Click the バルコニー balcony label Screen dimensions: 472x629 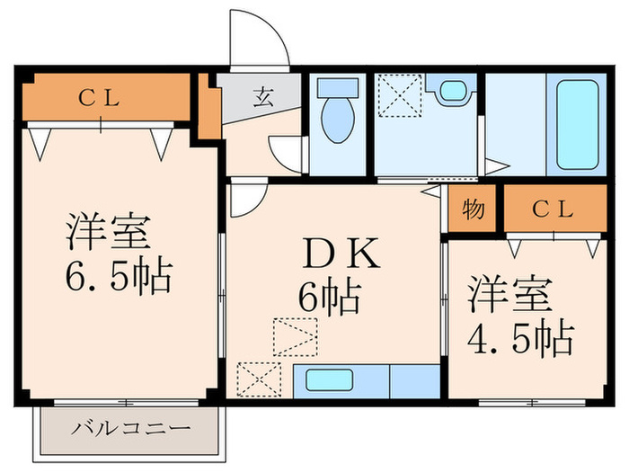point(131,428)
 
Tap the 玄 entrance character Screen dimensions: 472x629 point(262,97)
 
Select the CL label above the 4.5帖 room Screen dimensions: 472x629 point(553,210)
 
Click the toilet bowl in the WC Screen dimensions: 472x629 point(337,123)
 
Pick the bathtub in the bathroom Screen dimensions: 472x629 point(577,125)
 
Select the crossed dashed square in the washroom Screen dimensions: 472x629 point(398,94)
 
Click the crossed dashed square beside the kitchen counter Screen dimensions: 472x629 point(259,378)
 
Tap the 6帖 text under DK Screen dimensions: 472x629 point(330,296)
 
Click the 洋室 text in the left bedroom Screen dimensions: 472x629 point(105,233)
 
